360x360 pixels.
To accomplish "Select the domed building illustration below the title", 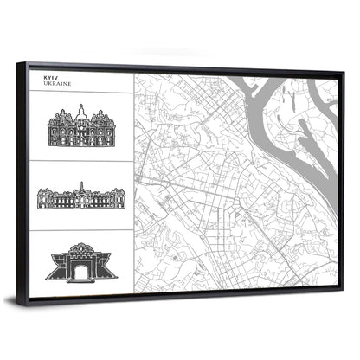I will pyautogui.click(x=81, y=128).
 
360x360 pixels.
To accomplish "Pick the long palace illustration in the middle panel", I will pyautogui.click(x=81, y=196).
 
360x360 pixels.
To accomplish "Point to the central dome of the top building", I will pyautogui.click(x=81, y=112).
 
